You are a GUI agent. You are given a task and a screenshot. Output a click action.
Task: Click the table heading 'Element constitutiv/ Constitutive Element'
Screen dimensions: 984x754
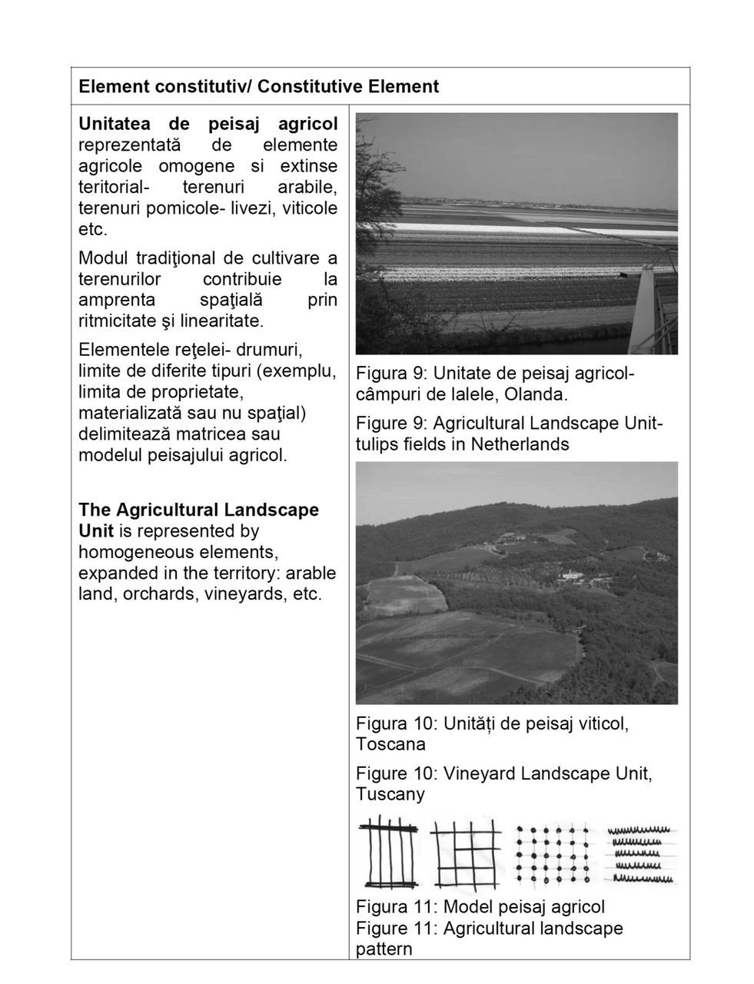(258, 86)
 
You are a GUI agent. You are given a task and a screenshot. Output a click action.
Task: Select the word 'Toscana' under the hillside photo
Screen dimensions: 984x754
(390, 744)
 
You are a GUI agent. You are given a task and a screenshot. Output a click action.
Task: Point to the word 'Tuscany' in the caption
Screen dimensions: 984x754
(390, 793)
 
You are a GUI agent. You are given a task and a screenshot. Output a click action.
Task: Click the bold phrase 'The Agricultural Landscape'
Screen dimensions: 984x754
(198, 510)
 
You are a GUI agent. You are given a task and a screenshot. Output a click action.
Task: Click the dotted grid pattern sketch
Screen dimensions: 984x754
(552, 853)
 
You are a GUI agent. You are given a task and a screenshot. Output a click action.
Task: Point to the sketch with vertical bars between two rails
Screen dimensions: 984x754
(390, 853)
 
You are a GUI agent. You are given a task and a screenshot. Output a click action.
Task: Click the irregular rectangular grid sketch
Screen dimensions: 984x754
(466, 853)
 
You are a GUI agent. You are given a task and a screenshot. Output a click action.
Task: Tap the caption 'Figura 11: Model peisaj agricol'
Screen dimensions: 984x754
(480, 907)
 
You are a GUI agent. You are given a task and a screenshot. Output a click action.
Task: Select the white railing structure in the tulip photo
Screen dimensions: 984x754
(650, 307)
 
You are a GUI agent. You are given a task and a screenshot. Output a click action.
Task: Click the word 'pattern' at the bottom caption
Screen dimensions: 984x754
(384, 949)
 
